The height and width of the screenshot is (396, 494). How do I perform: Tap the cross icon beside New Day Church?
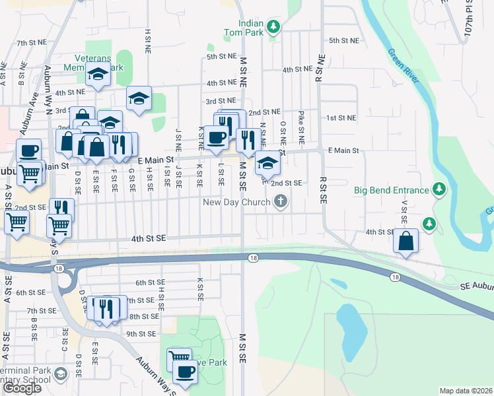[x=281, y=201]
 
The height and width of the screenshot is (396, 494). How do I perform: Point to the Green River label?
[x=404, y=66]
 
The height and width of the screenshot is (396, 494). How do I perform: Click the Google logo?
[x=22, y=389]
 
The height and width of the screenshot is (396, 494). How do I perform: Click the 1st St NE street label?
[x=341, y=117]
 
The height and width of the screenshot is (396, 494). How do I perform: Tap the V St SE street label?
[x=403, y=211]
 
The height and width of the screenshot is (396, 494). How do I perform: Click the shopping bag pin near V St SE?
[x=406, y=241]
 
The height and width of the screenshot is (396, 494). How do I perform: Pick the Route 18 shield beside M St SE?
[x=254, y=257]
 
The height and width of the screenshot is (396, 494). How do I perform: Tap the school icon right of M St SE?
[x=267, y=163]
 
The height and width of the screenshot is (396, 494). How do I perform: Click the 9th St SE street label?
[x=140, y=334]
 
